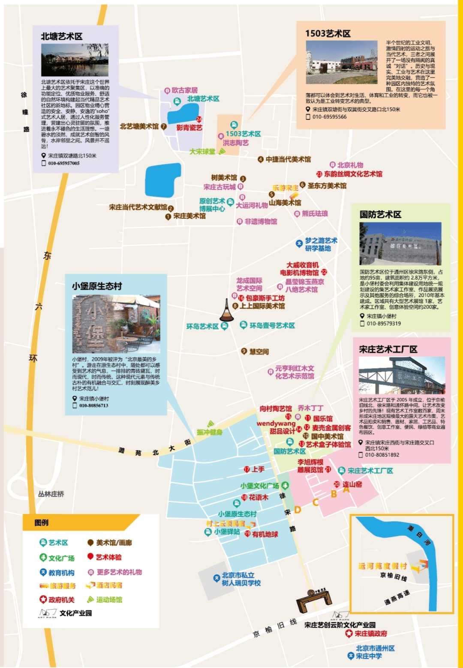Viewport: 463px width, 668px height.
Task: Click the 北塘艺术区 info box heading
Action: click(62, 37)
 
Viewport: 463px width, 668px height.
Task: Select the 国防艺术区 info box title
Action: click(380, 215)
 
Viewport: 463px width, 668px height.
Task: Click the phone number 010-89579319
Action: click(384, 324)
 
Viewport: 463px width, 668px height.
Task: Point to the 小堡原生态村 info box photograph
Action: click(116, 324)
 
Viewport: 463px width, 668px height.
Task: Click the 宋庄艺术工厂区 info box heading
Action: click(388, 349)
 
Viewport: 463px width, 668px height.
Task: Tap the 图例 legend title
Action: click(42, 522)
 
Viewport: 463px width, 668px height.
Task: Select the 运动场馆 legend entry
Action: click(109, 600)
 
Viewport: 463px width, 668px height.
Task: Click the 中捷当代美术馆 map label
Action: click(288, 160)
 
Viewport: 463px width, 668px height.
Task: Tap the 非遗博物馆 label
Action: click(261, 222)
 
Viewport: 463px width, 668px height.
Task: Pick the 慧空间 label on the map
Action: click(259, 352)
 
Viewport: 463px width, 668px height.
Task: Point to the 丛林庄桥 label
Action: click(51, 494)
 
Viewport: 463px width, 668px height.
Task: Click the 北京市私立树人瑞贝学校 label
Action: click(241, 579)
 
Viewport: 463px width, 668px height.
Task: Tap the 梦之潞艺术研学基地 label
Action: click(321, 245)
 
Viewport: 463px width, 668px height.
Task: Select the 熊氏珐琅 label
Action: click(315, 214)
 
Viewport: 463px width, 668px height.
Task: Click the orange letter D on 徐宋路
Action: click(298, 510)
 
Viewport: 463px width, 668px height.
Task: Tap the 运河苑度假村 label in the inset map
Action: click(382, 566)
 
